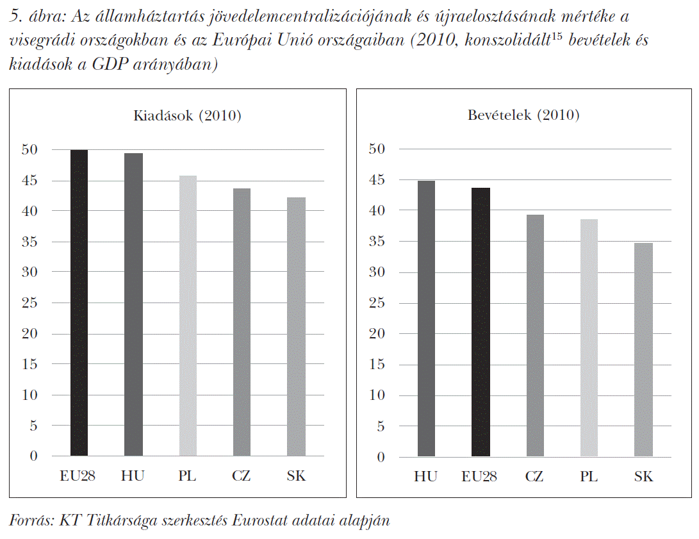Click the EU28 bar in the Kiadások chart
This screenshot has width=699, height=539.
coord(79,303)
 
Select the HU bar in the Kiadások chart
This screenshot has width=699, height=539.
coord(133,304)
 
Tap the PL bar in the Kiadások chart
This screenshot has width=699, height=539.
coord(188,316)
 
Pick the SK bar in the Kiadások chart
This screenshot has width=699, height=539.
coord(296,327)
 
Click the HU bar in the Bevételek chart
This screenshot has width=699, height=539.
coord(425,319)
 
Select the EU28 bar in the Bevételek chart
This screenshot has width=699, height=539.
coord(480,322)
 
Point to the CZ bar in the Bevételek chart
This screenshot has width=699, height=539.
coord(534,336)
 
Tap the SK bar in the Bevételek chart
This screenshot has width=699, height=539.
coord(643,350)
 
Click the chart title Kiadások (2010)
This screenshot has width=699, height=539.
coord(187,116)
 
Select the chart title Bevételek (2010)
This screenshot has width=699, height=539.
coord(523,115)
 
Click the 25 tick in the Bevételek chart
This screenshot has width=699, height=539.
coord(377,303)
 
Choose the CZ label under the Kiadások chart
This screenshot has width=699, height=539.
coord(242,476)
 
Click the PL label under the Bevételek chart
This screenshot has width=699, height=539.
coord(589,477)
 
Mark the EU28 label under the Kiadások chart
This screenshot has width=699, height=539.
coord(78,476)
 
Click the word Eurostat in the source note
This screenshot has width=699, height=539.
coord(260,520)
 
